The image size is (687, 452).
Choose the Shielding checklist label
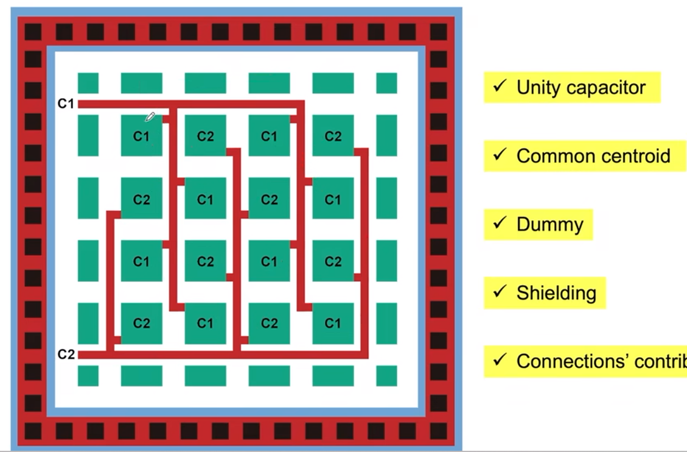coord(556,293)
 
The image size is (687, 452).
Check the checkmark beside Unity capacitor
coord(500,87)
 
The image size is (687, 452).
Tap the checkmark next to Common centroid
coord(500,155)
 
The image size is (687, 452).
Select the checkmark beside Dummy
coord(500,224)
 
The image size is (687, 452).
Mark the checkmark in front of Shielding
coord(500,292)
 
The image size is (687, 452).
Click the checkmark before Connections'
coord(500,361)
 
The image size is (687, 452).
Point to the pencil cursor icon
coord(150,117)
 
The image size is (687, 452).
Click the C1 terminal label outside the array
coord(66,104)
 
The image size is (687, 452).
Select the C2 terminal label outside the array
coord(66,354)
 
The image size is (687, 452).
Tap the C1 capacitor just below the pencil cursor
coord(141,136)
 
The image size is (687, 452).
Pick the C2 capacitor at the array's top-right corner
coord(333,136)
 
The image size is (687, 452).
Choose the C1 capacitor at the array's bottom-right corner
coord(333,323)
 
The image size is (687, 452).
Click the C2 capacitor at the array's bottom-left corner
coord(141,323)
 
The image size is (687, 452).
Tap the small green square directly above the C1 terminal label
coord(88,83)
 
